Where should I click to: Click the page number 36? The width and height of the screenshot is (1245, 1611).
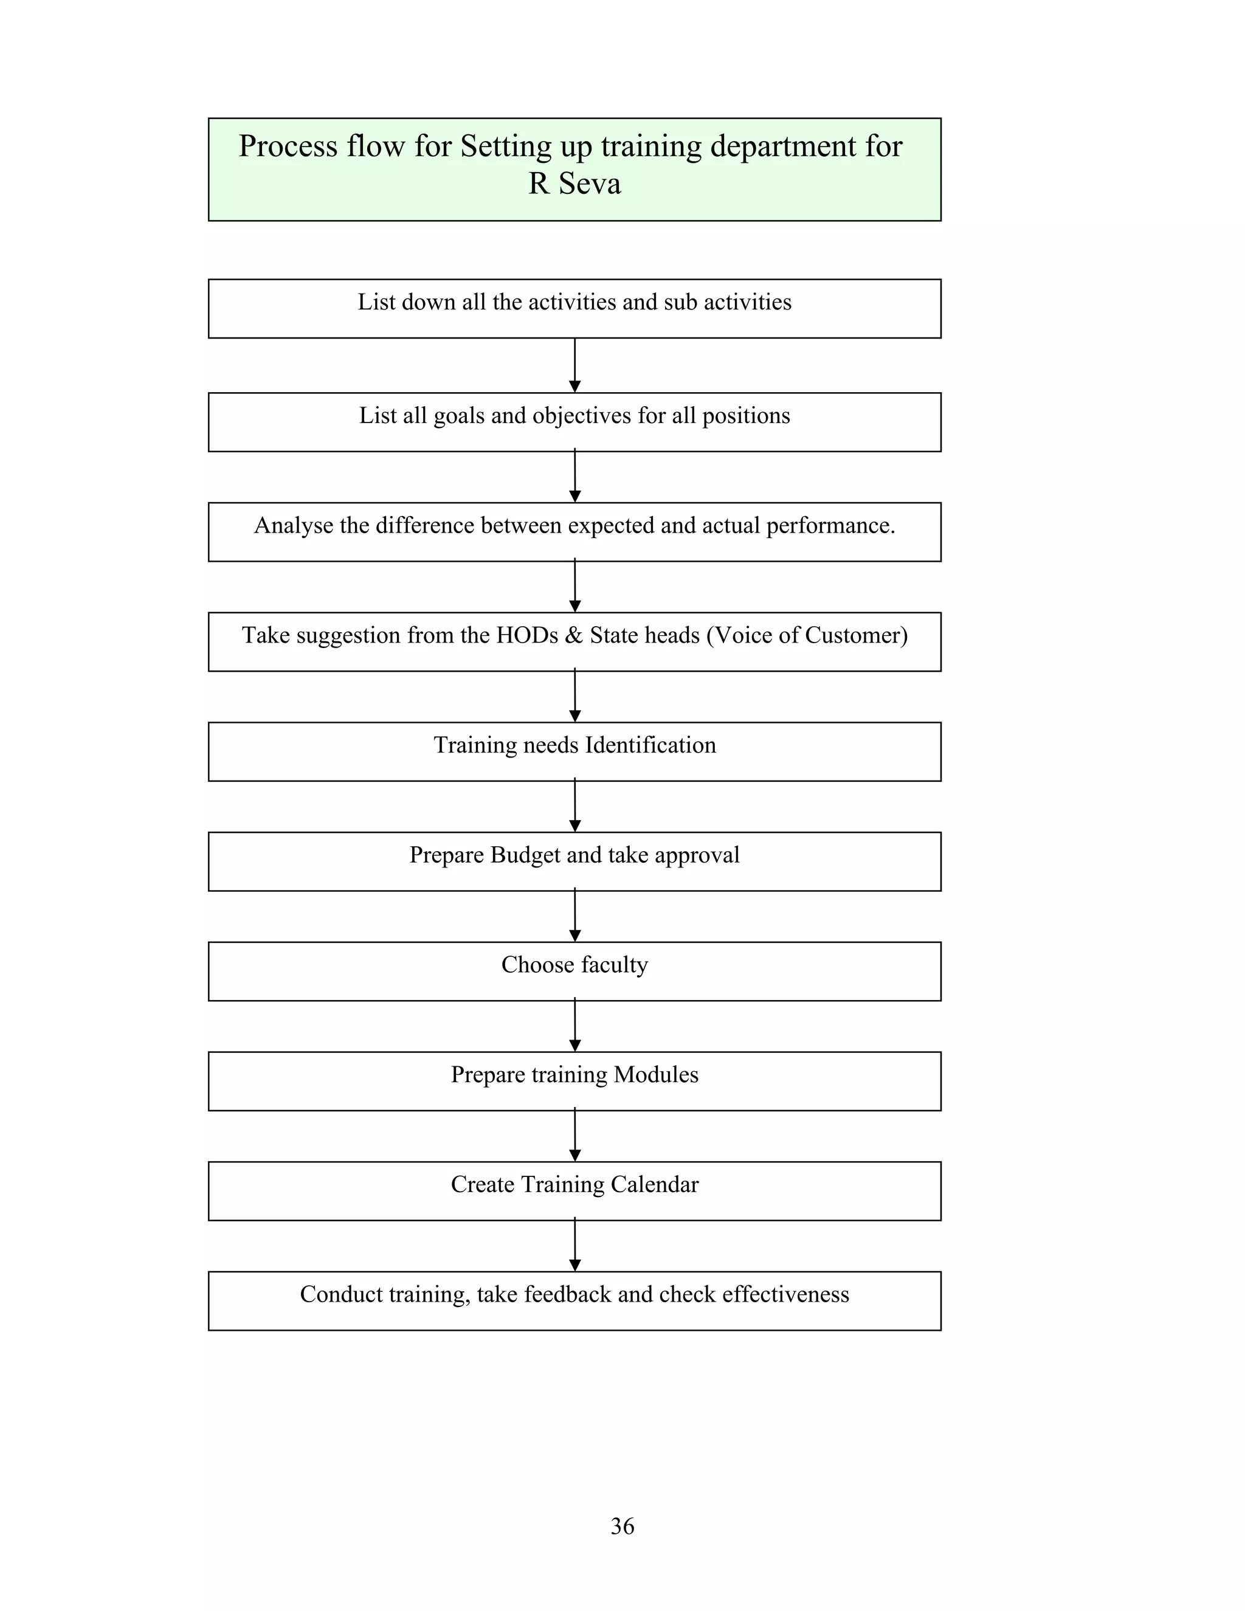point(622,1525)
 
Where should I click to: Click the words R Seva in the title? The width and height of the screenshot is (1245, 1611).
point(574,184)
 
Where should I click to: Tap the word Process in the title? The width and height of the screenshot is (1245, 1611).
point(288,146)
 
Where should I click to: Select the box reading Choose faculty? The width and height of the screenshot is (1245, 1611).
point(574,971)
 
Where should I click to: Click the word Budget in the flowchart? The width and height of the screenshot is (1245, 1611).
point(526,855)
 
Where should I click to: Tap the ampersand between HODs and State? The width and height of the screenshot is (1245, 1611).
point(574,635)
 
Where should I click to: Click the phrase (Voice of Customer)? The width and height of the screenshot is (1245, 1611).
point(807,635)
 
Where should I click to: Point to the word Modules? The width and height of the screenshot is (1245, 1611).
point(656,1075)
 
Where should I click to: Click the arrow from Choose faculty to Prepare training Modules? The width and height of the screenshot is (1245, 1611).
point(574,1026)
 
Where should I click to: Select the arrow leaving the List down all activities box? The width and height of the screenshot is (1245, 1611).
point(574,365)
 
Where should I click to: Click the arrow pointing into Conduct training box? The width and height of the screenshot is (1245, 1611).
point(574,1246)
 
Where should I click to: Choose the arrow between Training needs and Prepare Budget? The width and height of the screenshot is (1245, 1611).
point(574,806)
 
